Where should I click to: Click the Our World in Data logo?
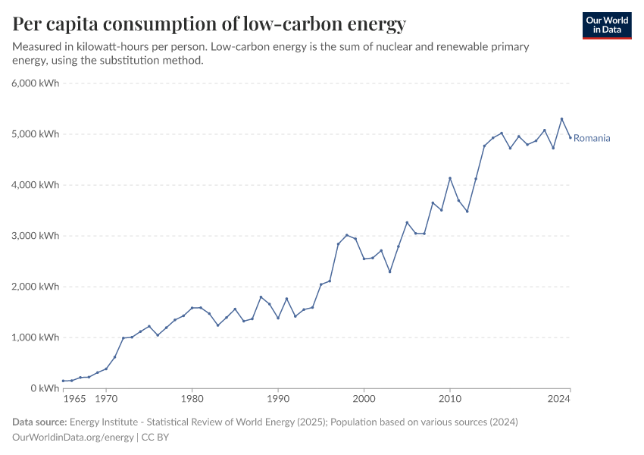(606, 25)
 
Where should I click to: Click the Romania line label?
(592, 138)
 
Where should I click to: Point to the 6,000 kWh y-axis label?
(36, 83)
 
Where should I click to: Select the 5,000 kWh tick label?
(36, 134)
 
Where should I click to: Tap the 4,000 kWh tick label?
(36, 185)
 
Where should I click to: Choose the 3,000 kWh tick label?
(36, 236)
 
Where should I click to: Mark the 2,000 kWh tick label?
(36, 287)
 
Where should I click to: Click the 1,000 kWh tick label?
(36, 337)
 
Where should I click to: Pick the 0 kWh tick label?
(45, 388)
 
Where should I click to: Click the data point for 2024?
(571, 137)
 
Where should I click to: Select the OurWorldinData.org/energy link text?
(73, 438)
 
